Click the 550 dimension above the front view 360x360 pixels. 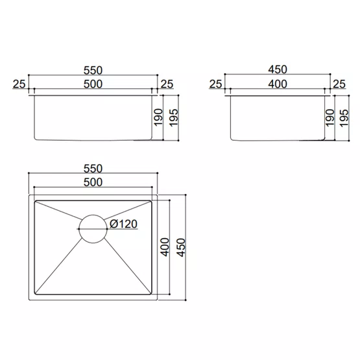click(x=93, y=71)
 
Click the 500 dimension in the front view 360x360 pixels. click(x=93, y=84)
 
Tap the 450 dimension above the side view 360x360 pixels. click(x=278, y=69)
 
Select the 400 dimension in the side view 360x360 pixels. click(x=278, y=84)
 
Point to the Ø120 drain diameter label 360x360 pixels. click(x=123, y=224)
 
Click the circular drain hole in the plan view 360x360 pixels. click(x=93, y=229)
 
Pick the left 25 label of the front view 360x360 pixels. click(x=19, y=84)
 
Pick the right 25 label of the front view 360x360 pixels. click(x=167, y=84)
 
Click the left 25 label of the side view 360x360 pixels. click(x=215, y=84)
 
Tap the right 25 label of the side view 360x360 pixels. click(x=339, y=84)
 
